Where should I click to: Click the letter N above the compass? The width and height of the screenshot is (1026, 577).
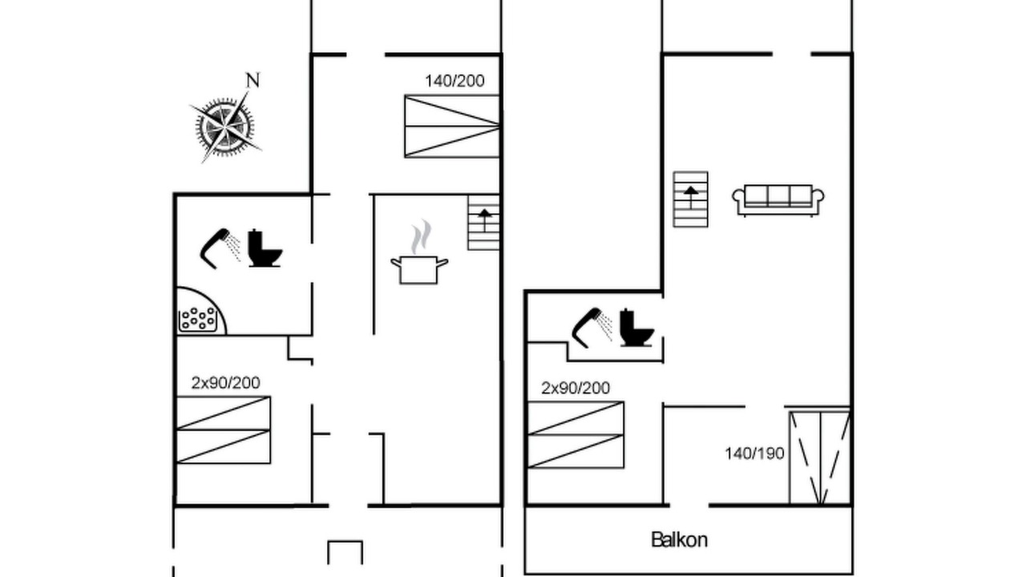pos(252,80)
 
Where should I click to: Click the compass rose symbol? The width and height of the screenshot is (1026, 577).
pos(225,127)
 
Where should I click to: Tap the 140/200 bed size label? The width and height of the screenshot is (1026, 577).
pos(454,81)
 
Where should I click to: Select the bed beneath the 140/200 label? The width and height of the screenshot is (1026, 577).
pos(452,127)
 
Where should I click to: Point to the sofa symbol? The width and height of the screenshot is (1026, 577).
pos(778,200)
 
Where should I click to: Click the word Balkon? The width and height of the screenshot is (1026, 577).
pos(679,540)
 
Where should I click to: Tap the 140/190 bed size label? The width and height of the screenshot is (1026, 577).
pos(754,454)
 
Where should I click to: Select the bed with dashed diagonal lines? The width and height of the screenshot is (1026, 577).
pos(820,458)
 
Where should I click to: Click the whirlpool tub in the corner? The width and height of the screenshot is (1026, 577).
pos(200,312)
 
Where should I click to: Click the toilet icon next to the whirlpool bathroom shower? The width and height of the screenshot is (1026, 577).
pos(265,248)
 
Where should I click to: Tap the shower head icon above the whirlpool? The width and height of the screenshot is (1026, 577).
pos(220,248)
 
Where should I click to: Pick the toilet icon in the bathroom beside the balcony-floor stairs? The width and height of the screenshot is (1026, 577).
pos(636,328)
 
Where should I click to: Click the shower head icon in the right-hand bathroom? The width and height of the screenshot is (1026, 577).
pos(592,328)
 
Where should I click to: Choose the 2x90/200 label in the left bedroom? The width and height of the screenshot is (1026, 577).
pos(226,383)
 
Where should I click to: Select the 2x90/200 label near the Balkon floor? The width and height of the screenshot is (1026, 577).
pos(576,389)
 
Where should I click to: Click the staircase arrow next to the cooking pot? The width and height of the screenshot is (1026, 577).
pos(484,220)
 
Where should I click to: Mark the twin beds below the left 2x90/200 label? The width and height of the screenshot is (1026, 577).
pos(224,430)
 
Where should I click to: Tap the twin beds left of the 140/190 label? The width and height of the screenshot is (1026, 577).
pos(576,435)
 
